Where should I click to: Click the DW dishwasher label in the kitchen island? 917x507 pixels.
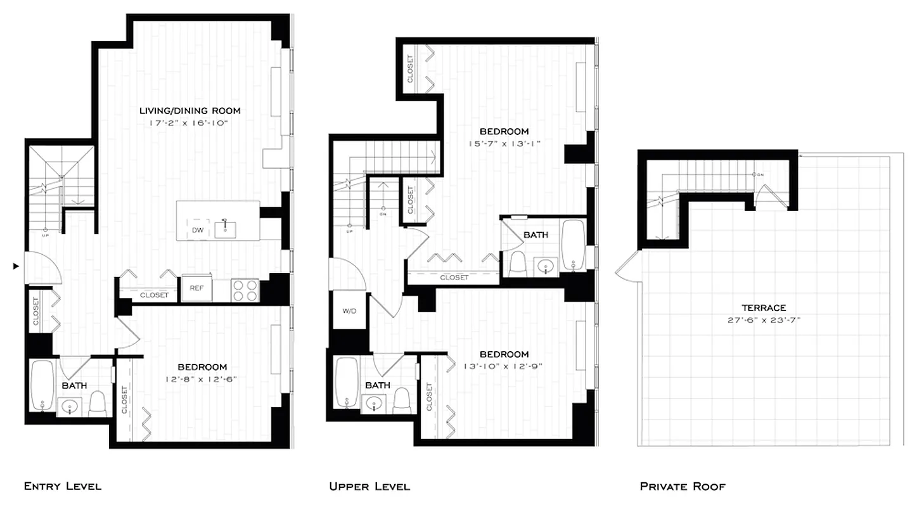click(198, 230)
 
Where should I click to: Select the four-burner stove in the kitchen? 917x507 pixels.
click(245, 290)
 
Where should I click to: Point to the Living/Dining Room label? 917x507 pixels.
click(189, 111)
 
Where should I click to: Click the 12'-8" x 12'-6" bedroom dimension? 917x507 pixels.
click(202, 379)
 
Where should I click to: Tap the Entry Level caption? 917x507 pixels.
click(62, 487)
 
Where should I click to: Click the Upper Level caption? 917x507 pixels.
click(369, 487)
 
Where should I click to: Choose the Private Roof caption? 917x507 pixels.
click(683, 487)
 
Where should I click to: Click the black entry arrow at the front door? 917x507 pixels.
click(16, 267)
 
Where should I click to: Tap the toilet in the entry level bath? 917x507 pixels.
click(98, 404)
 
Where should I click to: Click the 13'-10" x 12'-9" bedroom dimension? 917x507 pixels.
click(503, 366)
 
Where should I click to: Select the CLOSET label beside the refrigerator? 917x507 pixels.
click(154, 295)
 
